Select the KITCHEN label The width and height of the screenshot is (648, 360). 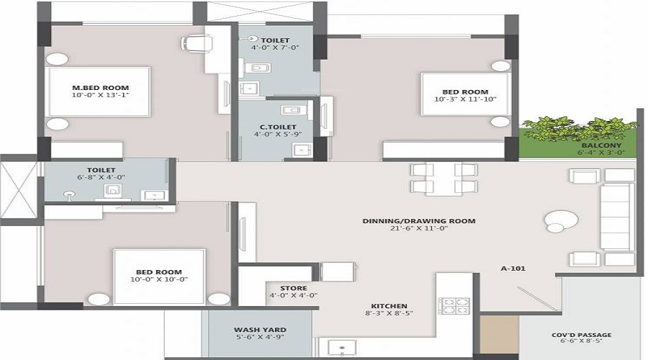click(390, 306)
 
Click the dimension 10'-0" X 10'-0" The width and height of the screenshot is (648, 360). click(159, 279)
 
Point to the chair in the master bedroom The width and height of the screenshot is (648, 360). click(193, 42)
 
